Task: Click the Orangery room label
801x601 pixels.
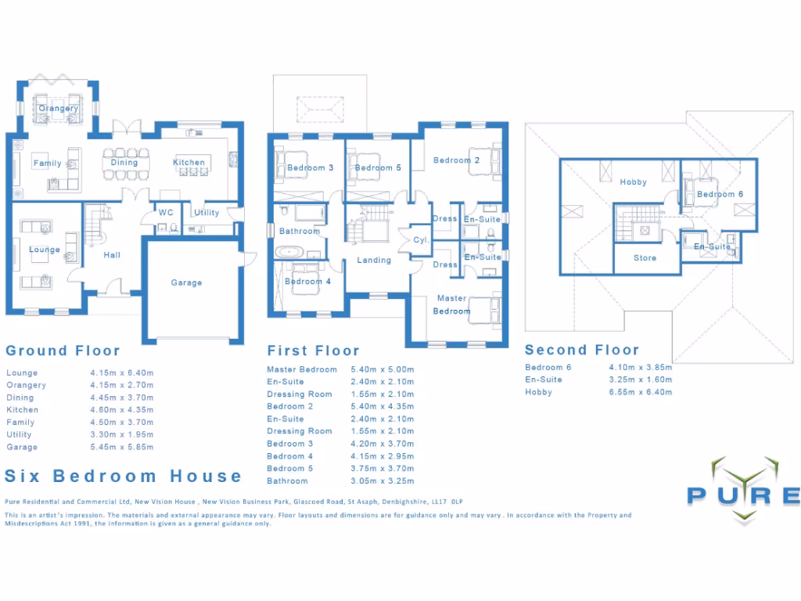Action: point(59,108)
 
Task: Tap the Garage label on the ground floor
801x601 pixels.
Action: point(186,283)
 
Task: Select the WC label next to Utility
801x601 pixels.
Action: point(166,212)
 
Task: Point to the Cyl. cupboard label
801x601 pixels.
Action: point(419,240)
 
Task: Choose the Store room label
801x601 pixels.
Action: point(645,257)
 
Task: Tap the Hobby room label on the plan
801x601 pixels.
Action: point(633,182)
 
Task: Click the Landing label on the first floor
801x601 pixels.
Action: point(374,260)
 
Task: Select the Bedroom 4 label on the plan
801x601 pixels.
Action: point(303,281)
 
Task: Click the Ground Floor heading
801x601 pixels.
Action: point(63,351)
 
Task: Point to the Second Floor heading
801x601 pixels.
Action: point(582,350)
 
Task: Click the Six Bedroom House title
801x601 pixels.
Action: point(124,476)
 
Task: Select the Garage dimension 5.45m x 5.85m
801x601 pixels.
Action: point(122,447)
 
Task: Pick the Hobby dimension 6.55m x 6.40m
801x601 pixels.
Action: point(641,392)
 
